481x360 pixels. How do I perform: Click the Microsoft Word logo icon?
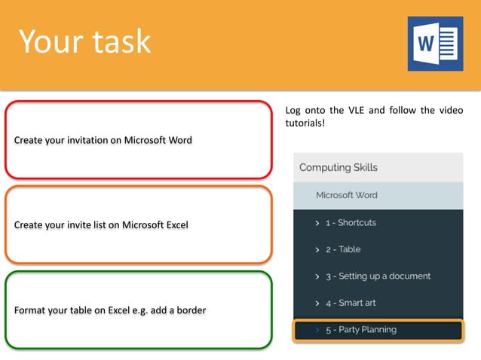[435, 44]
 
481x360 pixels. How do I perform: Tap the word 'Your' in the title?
[48, 41]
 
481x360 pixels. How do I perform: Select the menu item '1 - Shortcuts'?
[351, 223]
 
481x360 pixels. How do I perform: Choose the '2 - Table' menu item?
[343, 249]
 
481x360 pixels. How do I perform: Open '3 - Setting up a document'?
[378, 276]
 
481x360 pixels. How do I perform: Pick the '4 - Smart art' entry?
[351, 303]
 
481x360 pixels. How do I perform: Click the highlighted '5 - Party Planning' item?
[360, 330]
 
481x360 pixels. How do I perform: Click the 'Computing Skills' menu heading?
[339, 167]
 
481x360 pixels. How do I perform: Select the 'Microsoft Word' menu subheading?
[346, 195]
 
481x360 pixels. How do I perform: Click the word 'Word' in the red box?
[179, 140]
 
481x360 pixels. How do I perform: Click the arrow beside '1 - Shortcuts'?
[317, 224]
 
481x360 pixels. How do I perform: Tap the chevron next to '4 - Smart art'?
[317, 304]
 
